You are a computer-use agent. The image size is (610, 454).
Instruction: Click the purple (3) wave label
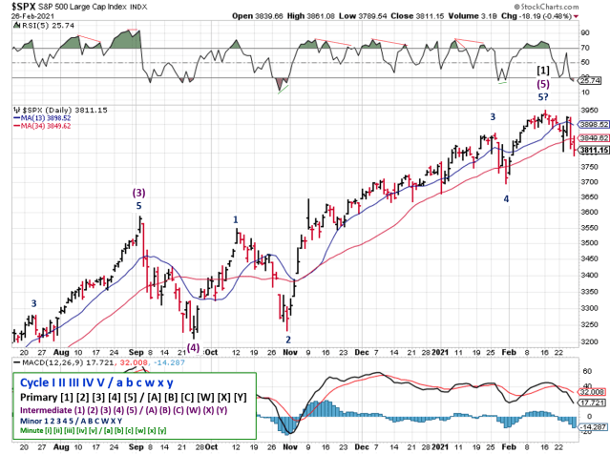(x=138, y=193)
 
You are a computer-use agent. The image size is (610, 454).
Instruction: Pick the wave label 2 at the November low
(x=288, y=339)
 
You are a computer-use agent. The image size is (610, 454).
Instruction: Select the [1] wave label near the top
(x=542, y=71)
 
